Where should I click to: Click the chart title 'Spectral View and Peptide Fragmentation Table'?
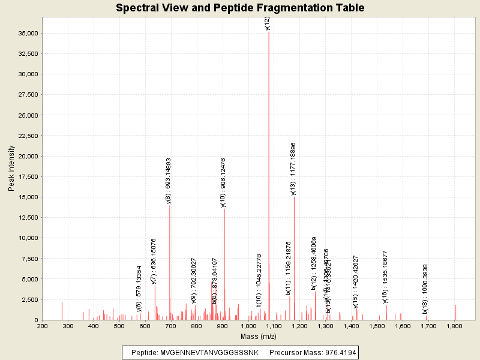point(240,8)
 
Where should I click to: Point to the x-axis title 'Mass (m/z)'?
point(257,337)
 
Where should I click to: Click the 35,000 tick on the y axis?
point(28,33)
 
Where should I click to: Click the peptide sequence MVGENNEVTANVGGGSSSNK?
point(209,353)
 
